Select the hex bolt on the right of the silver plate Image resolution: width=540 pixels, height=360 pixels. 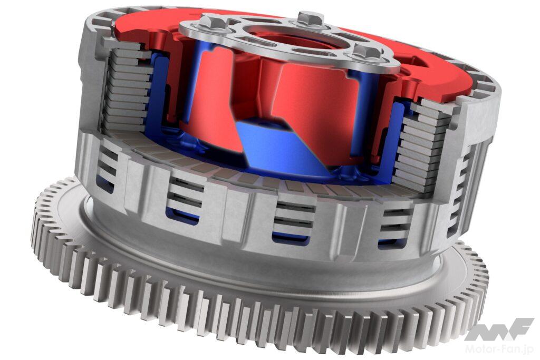pyautogui.click(x=368, y=53)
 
